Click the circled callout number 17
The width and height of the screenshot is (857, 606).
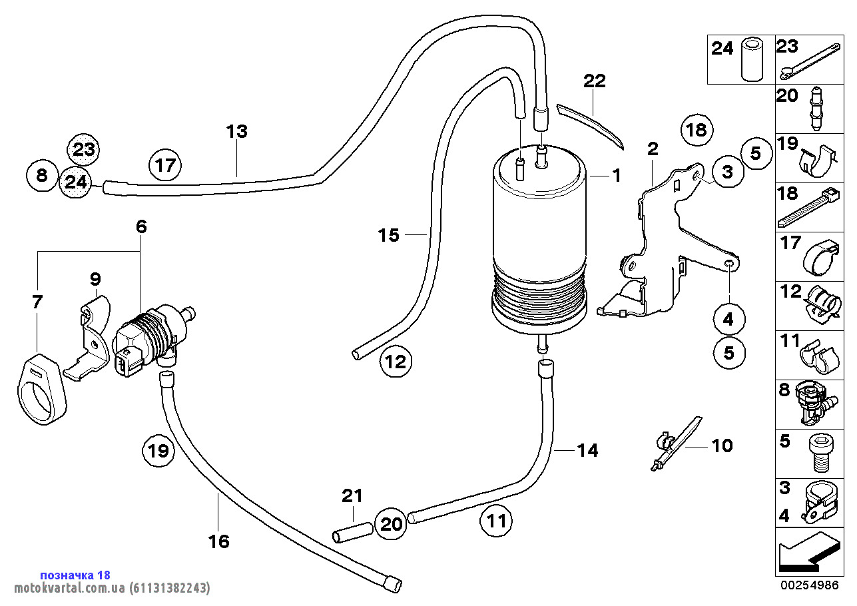165,166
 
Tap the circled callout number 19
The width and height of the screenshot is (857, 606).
158,450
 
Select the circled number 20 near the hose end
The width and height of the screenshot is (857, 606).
391,523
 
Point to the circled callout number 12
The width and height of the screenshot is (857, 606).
396,361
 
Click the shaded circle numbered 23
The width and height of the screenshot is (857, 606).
83,149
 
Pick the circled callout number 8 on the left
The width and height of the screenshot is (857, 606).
42,175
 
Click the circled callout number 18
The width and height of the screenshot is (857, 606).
697,130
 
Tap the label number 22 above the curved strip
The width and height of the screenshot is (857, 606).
595,81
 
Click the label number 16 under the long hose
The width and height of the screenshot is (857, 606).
219,541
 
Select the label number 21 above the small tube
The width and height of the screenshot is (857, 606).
352,496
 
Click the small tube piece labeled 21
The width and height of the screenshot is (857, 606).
352,532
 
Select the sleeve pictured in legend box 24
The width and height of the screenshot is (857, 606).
752,59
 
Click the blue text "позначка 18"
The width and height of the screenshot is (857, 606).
75,575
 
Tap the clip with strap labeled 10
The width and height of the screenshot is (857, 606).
675,444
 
